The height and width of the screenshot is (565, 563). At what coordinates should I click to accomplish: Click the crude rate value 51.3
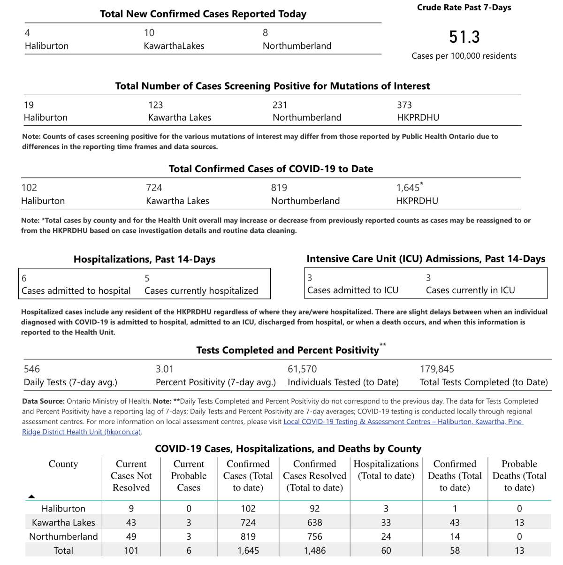(464, 37)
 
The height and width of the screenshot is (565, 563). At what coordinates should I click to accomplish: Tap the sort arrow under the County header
(31, 496)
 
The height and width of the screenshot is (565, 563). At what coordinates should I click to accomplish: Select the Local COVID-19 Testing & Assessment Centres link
(403, 422)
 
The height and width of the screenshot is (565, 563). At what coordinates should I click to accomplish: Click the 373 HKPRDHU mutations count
(404, 105)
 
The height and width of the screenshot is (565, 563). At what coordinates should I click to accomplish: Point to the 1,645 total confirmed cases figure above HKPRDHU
(408, 188)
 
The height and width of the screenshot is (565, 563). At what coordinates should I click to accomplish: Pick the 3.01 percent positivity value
(165, 369)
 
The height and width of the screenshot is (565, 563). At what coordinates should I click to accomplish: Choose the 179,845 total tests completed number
(437, 369)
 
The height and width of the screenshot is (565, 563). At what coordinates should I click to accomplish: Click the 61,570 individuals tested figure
(302, 369)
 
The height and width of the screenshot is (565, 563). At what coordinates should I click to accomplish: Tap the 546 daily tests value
(32, 369)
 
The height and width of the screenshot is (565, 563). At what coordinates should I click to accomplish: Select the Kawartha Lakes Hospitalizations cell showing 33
(386, 523)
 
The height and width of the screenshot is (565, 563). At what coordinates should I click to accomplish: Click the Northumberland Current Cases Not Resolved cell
(131, 537)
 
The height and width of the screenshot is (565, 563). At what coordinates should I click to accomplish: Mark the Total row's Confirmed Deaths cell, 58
(455, 551)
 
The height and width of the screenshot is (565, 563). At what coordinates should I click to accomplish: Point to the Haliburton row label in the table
(63, 509)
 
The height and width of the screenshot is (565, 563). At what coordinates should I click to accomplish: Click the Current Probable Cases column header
(189, 476)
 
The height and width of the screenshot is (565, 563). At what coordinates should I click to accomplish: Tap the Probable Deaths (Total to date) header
(519, 476)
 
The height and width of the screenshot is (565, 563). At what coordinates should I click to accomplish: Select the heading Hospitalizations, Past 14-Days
(145, 260)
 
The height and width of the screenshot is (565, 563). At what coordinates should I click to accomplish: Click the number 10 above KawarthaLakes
(149, 33)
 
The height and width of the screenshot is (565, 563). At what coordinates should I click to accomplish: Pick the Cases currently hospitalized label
(201, 291)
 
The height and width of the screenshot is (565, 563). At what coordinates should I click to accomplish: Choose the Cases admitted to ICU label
(352, 290)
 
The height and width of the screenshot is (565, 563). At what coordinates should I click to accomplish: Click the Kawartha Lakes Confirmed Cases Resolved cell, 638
(314, 523)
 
